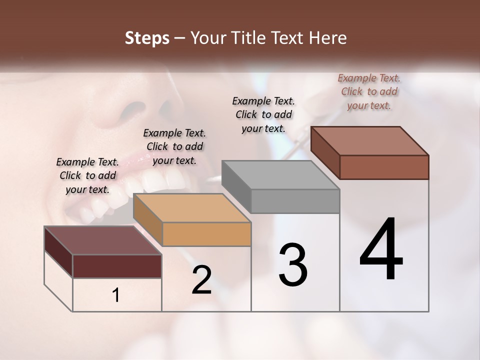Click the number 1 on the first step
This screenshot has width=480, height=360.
click(x=116, y=295)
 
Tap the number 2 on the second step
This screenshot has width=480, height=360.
click(x=201, y=280)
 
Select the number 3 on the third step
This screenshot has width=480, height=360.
click(x=293, y=265)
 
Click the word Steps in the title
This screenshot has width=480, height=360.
click(x=147, y=38)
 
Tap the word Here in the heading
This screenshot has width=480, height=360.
click(x=328, y=38)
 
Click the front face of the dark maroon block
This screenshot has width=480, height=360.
click(x=117, y=266)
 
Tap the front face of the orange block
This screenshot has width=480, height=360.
click(x=206, y=234)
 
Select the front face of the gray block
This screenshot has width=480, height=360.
click(x=295, y=201)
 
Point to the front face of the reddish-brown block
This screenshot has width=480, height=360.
click(x=384, y=167)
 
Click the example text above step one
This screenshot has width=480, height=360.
click(x=87, y=176)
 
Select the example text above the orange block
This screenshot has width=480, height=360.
click(x=174, y=146)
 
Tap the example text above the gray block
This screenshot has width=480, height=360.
click(x=263, y=114)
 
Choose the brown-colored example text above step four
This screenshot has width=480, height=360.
click(x=369, y=91)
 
